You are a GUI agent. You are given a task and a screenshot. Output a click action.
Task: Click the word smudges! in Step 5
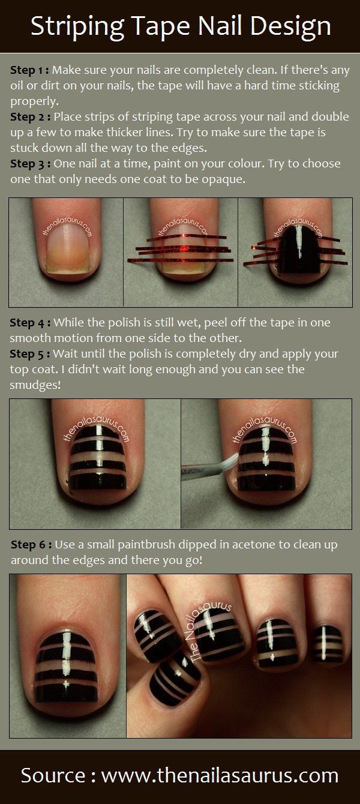tap(35, 385)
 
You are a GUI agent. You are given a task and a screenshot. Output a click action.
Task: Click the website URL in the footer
tap(220, 775)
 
